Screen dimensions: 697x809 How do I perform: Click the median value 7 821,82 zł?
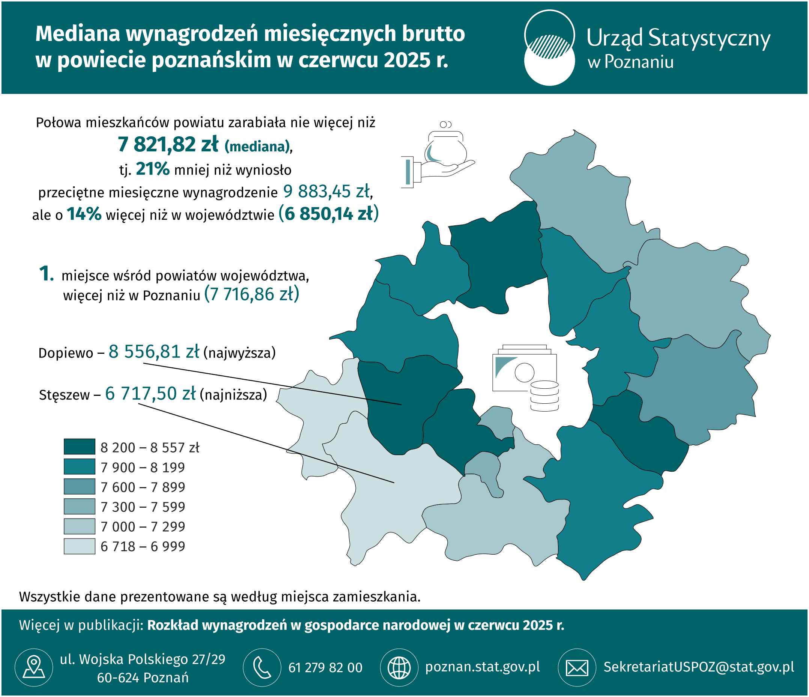(x=168, y=145)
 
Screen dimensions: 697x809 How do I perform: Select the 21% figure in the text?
(x=152, y=169)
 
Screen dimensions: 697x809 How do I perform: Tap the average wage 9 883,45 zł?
(x=326, y=192)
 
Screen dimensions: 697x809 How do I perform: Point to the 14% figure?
(x=84, y=214)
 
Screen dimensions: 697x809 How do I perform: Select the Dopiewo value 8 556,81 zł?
(x=154, y=352)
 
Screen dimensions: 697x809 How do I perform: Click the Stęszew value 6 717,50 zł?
(x=150, y=394)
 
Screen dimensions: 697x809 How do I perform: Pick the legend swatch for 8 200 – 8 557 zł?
(x=79, y=447)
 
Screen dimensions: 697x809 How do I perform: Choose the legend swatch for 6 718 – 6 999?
(x=79, y=546)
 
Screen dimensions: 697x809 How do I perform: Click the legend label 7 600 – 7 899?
(x=143, y=487)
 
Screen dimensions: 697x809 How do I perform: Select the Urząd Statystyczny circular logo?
(x=549, y=47)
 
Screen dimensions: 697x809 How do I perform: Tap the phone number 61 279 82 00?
(x=325, y=668)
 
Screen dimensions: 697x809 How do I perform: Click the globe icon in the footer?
(x=398, y=667)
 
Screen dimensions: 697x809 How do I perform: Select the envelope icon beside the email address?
(x=577, y=667)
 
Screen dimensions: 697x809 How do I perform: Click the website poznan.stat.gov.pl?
(x=482, y=667)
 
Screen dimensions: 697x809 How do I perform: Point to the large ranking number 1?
(x=46, y=273)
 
